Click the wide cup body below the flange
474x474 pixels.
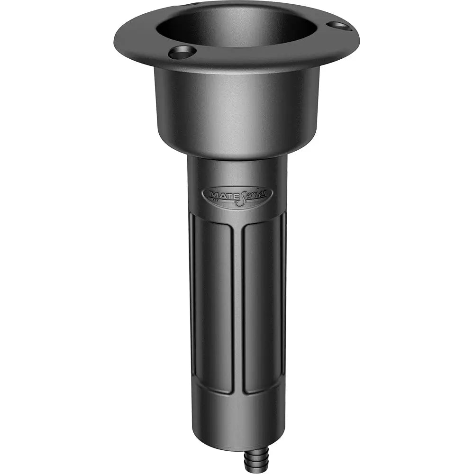[x=237, y=109]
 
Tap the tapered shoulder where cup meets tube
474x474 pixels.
[x=237, y=151]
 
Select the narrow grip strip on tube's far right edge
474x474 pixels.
[x=283, y=294]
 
